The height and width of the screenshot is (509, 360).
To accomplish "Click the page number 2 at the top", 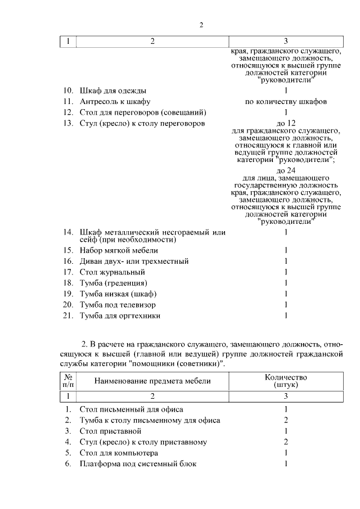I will click(201, 24).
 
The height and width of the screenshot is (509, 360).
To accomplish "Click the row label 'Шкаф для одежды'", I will click(114, 91).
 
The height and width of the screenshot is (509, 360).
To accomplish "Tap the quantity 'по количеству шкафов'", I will click(286, 101).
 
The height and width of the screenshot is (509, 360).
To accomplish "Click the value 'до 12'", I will click(286, 123).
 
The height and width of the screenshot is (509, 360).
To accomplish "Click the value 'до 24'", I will click(286, 170).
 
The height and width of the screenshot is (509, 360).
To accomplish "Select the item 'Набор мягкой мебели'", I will click(119, 250).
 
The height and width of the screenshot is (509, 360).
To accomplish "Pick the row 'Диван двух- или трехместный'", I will click(134, 261).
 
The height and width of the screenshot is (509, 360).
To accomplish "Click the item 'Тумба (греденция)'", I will click(114, 283).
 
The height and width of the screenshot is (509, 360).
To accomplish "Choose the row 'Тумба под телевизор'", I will click(118, 305).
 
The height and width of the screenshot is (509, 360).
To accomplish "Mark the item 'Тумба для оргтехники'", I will click(120, 316).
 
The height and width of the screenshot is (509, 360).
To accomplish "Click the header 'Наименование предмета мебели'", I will click(152, 381).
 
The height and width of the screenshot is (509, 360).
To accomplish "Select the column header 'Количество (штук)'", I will click(286, 381).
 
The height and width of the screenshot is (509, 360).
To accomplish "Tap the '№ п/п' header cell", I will click(67, 381).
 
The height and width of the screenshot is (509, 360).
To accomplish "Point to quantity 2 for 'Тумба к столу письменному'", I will click(286, 420).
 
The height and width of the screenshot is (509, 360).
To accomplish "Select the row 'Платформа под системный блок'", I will click(138, 463).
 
